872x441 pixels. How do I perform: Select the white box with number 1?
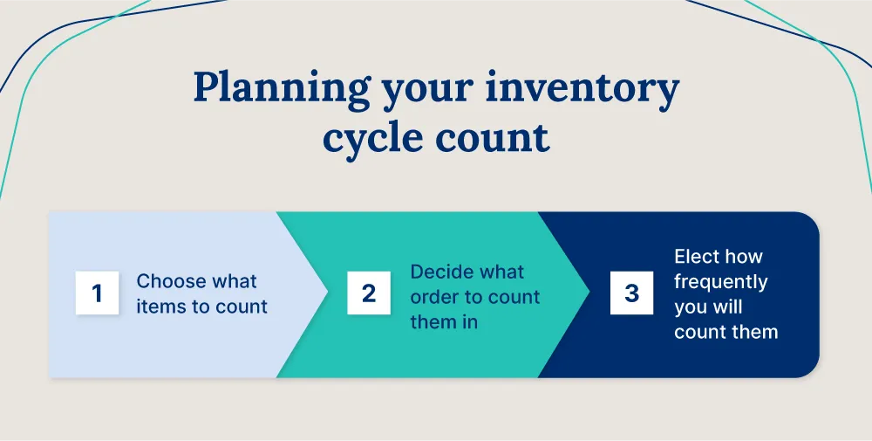click(x=97, y=293)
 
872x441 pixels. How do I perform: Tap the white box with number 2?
click(x=369, y=293)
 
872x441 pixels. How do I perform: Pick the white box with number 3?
click(x=631, y=293)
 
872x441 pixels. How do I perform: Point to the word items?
click(x=160, y=307)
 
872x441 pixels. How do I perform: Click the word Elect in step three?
click(x=696, y=257)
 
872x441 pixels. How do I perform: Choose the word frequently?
click(x=720, y=281)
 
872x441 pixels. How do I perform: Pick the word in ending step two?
click(x=471, y=322)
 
